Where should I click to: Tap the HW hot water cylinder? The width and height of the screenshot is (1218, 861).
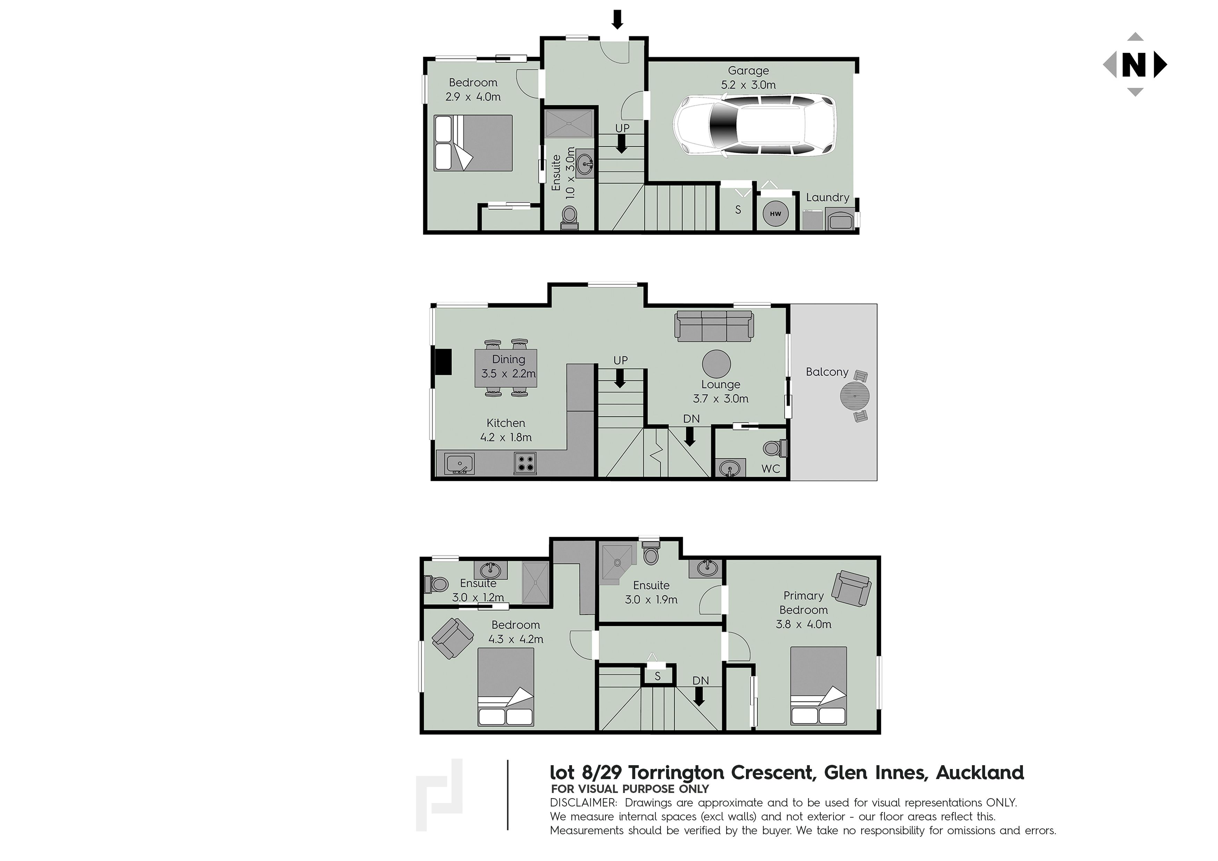coord(775,214)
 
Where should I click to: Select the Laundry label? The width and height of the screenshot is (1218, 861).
coord(828,197)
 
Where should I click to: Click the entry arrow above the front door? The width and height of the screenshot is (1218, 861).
coord(617,20)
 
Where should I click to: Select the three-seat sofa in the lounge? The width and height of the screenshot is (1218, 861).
coord(714,326)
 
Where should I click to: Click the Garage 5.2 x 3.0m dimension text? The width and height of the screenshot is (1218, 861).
coord(748,77)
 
